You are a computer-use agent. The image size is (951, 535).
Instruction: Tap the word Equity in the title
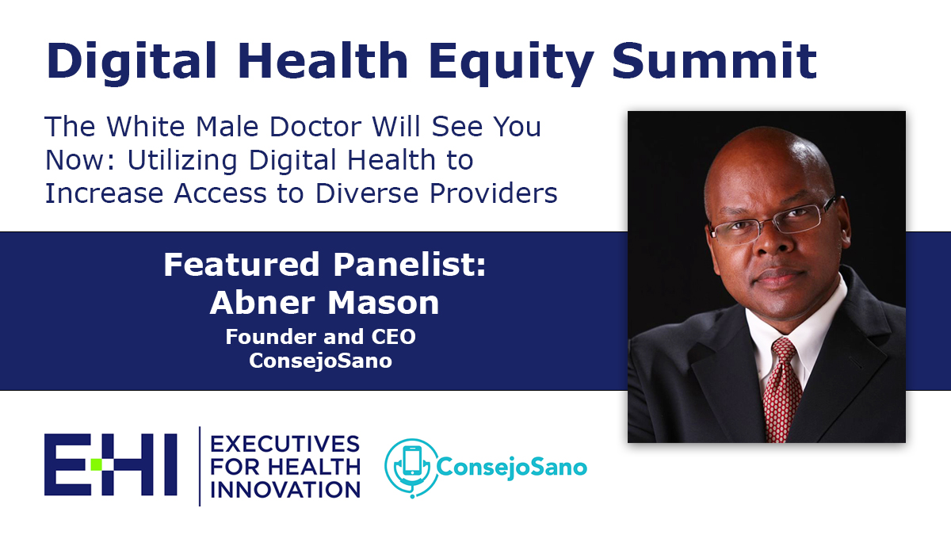(x=511, y=63)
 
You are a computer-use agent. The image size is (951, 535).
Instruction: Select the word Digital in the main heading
(x=132, y=63)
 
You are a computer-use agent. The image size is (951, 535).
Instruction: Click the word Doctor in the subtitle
(x=316, y=127)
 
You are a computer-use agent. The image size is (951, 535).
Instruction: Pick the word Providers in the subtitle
(x=493, y=193)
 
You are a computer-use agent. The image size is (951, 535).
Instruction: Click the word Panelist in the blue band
(x=409, y=265)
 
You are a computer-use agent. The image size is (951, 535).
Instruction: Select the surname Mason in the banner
(x=384, y=303)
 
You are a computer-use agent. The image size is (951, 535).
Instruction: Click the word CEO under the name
(x=393, y=337)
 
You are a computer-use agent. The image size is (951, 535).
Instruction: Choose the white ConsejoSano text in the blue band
(x=320, y=361)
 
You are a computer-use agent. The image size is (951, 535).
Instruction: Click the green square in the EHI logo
(x=97, y=464)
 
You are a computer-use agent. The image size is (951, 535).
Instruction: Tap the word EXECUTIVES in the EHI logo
(x=285, y=445)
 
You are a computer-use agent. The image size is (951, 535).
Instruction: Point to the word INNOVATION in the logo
(x=285, y=490)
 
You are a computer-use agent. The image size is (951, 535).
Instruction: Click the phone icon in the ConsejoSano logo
(x=412, y=461)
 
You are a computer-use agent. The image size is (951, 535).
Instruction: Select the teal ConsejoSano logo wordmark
(x=512, y=468)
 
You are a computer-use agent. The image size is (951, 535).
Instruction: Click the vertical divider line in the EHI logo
(x=200, y=466)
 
